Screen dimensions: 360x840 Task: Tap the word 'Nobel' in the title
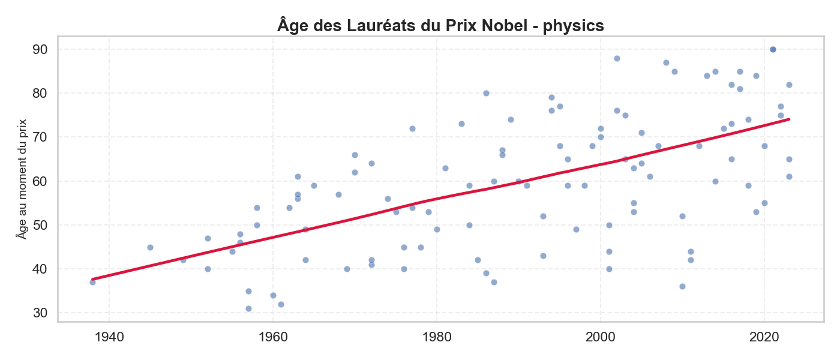point(505,26)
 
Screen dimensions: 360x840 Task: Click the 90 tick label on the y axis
point(40,49)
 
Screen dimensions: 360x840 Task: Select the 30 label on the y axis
point(40,313)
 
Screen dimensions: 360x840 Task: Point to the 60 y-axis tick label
point(40,181)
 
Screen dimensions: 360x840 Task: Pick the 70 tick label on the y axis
point(40,137)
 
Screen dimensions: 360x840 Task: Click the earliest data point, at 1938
point(92,282)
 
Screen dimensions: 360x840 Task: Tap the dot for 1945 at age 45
point(150,247)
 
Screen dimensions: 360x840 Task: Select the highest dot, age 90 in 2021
point(773,49)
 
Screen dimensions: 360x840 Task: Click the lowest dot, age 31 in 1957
point(248,308)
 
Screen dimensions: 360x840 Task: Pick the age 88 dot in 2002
point(617,58)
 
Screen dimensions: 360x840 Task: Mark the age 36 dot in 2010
point(682,286)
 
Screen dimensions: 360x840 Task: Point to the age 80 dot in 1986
point(486,93)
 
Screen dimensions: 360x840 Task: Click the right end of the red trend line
point(789,119)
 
